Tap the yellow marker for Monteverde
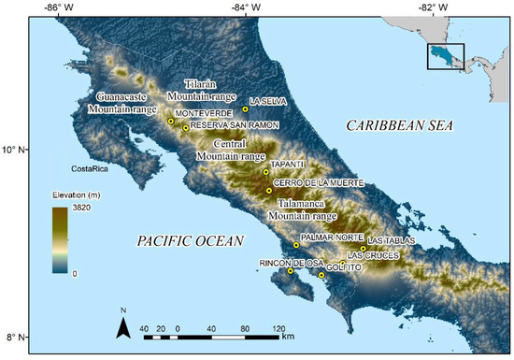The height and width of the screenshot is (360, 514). click(x=170, y=121)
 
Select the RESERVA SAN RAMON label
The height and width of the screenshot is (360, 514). click(x=229, y=125)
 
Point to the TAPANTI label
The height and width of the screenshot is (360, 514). click(x=288, y=165)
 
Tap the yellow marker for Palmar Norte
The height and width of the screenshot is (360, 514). click(x=296, y=245)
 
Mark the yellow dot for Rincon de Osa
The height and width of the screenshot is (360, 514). click(x=291, y=271)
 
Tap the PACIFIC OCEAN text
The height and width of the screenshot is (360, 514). click(x=190, y=241)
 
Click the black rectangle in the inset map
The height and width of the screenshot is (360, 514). click(x=446, y=56)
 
